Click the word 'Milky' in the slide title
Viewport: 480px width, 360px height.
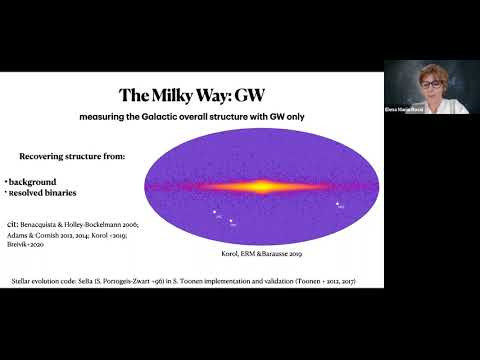(x=178, y=96)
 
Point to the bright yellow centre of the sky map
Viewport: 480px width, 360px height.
(x=256, y=185)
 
